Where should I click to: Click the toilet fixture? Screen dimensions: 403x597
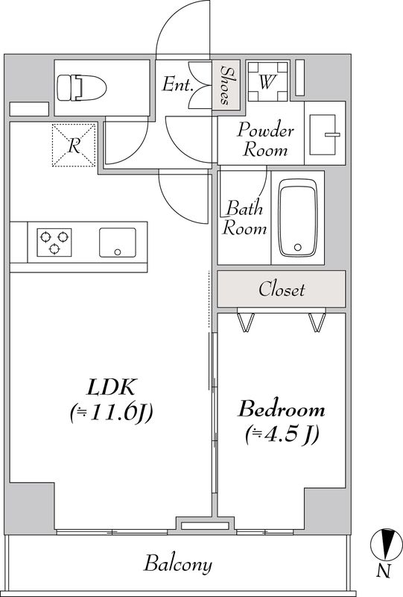coord(81,87)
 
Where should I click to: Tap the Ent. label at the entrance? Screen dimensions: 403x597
coord(177,84)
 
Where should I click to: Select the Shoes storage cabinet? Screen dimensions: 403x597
coord(226,85)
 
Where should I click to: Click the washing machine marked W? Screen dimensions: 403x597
coord(268,81)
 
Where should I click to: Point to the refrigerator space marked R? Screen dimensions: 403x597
coord(74,145)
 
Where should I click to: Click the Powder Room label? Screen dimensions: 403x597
coord(265,140)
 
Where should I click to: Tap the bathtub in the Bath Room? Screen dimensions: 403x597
coord(298,218)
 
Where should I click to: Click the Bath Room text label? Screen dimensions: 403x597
coord(244,218)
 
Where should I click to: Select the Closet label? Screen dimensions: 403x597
coord(282,290)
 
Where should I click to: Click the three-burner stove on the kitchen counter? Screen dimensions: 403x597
coord(54,242)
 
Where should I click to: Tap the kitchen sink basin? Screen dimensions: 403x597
coord(118,243)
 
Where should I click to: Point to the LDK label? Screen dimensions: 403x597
coord(111,387)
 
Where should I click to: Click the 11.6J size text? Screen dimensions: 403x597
coord(112,413)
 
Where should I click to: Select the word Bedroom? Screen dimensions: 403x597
coord(282,409)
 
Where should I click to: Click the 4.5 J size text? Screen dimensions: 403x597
coord(282,434)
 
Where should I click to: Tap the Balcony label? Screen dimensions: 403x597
coord(177,564)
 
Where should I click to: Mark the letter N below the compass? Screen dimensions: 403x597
coord(384,571)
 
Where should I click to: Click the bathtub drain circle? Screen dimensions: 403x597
coord(298,248)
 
